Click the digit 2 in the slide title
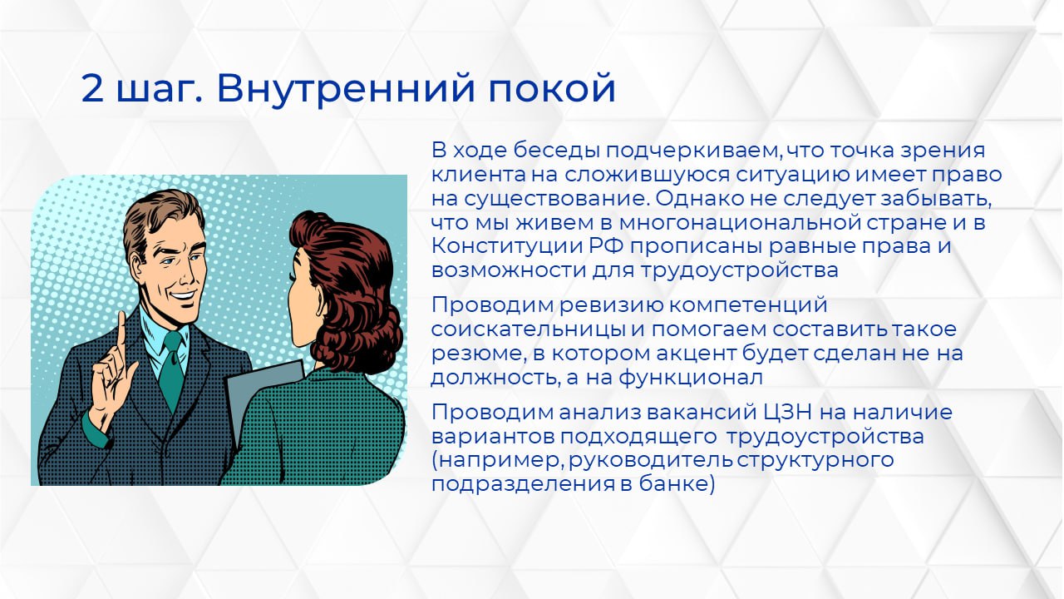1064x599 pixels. (93, 89)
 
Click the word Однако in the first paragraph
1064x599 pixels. (692, 200)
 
